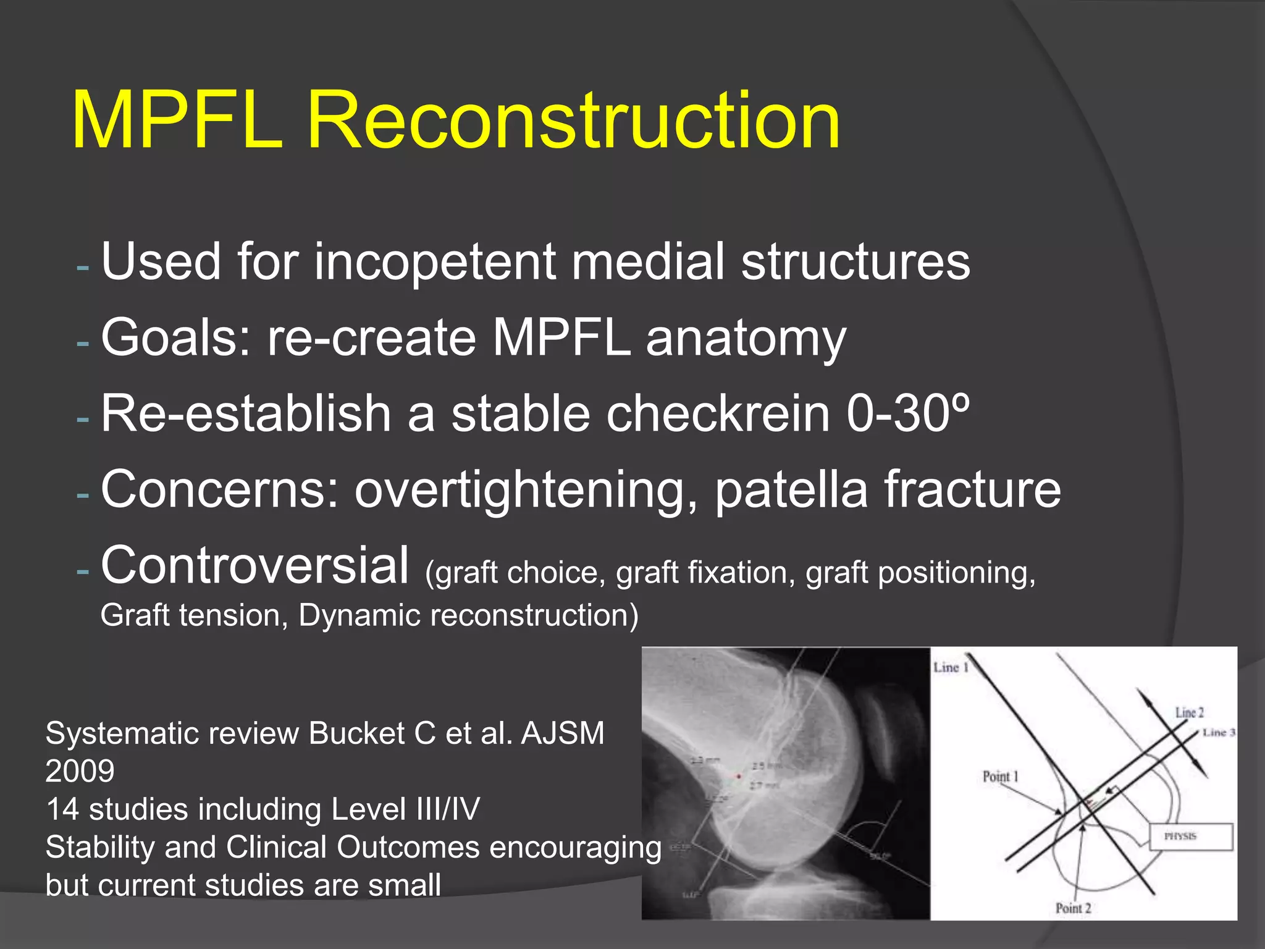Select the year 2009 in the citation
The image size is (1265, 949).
80,771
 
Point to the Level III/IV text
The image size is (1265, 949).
405,809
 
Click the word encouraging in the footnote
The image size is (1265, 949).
575,848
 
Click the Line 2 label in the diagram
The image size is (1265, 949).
1189,712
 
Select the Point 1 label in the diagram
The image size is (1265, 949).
1000,777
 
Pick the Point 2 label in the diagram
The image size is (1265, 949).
1073,908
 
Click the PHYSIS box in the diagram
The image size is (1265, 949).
1190,837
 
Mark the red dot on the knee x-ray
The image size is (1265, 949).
739,776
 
